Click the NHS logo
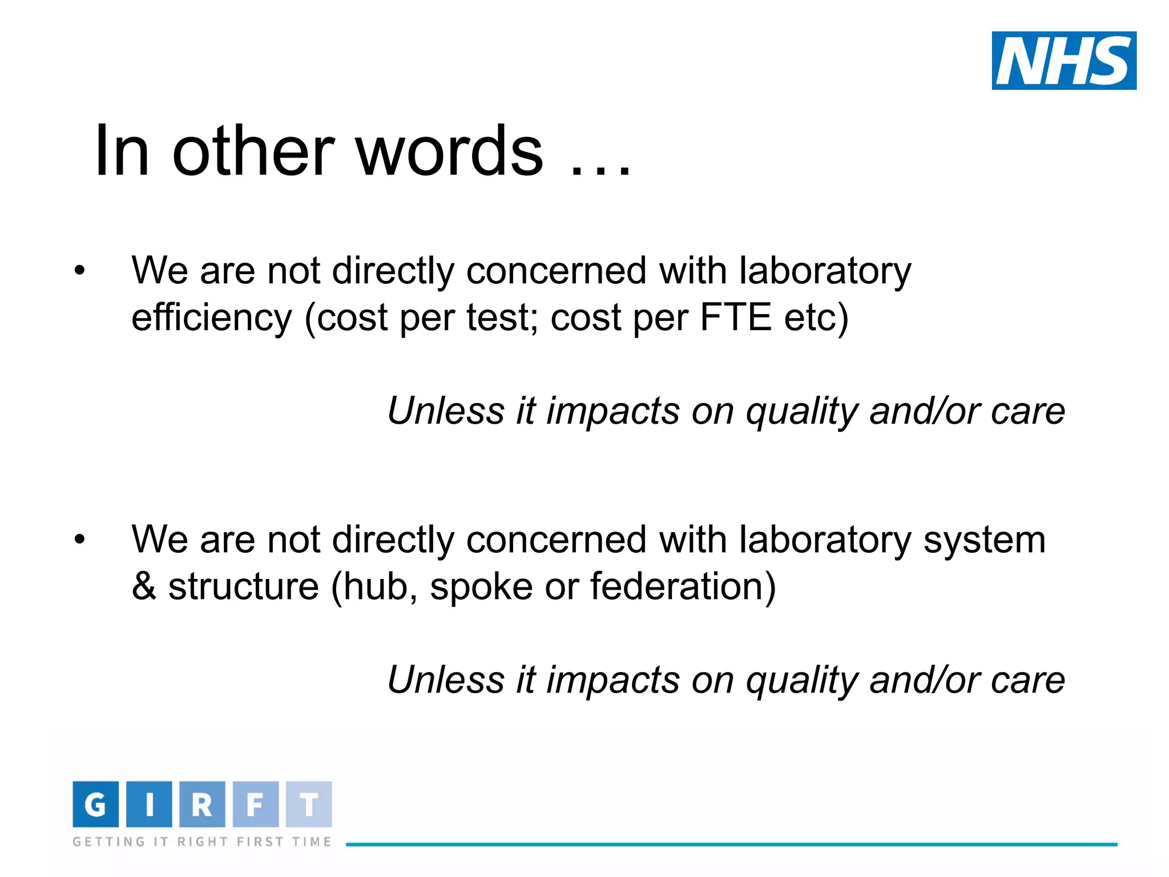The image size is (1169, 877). (x=1064, y=61)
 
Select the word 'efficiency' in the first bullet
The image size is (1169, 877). (x=211, y=318)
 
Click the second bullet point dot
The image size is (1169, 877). (x=79, y=539)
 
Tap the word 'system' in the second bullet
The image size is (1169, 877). (x=984, y=540)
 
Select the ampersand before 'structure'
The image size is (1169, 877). (x=143, y=586)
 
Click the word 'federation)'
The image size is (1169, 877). (x=683, y=586)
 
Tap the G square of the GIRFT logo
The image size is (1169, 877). (x=95, y=804)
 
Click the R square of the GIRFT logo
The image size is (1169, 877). (x=202, y=804)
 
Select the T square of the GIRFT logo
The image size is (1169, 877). (x=309, y=804)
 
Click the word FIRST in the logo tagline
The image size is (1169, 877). (x=260, y=842)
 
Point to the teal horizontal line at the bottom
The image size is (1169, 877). (x=731, y=844)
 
